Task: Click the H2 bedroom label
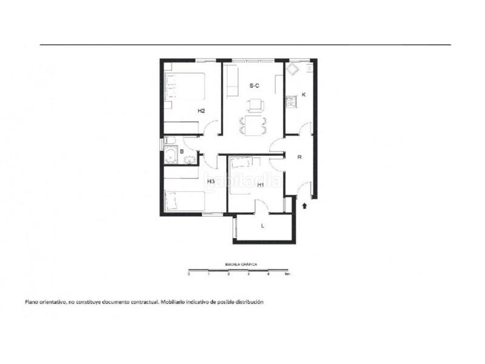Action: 201,111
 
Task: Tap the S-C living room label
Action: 255,86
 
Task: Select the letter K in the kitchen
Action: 304,95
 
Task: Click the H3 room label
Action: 211,181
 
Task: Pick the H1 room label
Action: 260,185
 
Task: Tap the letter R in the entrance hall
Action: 299,157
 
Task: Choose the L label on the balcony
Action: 263,226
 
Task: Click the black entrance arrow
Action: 304,206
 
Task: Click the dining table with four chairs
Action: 254,126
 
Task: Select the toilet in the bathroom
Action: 190,160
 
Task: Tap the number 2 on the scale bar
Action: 229,275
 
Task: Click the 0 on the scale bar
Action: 189,275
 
